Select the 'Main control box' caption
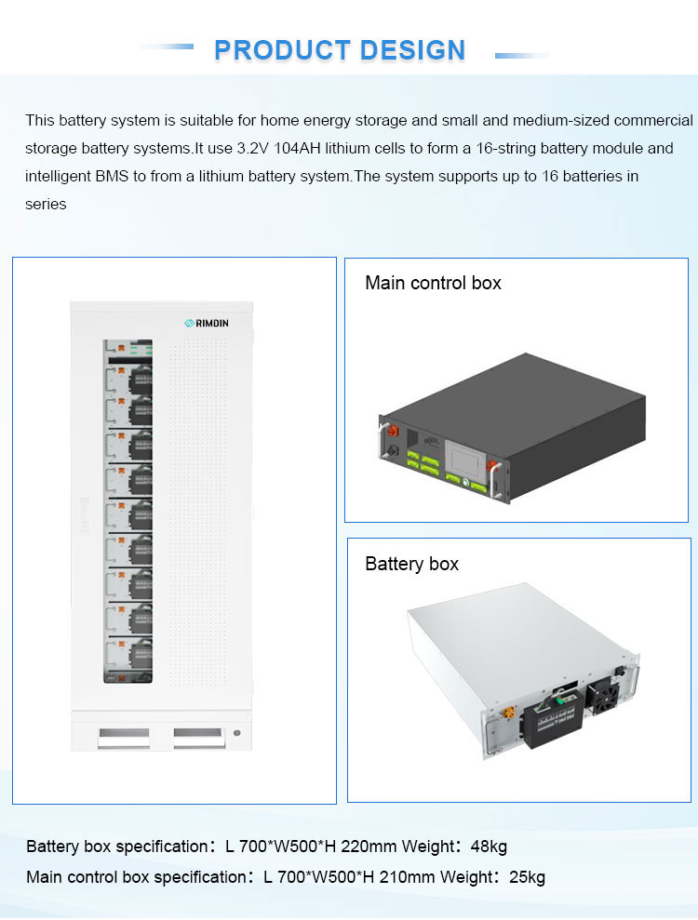coord(433,283)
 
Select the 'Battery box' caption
coord(411,564)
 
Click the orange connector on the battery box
coord(509,715)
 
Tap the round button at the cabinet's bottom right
coord(237,733)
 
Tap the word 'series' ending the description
coord(46,204)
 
